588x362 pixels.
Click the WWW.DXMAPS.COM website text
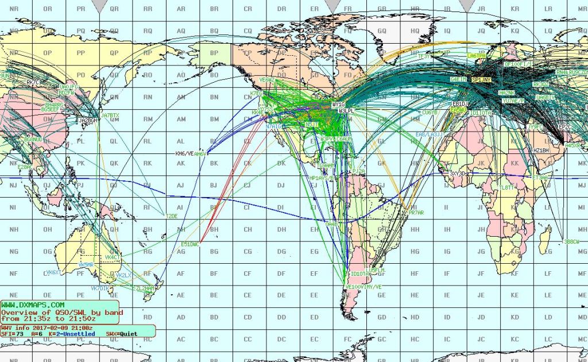coord(33,305)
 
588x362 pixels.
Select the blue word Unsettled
coord(71,333)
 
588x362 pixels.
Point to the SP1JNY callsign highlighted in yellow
coord(481,79)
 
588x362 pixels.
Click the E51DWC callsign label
coord(189,244)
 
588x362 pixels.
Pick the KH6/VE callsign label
coord(184,153)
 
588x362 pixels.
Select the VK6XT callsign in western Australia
coord(53,272)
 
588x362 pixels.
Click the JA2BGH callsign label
coord(88,121)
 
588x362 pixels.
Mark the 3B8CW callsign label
coord(572,241)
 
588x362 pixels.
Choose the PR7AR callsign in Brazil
coord(416,213)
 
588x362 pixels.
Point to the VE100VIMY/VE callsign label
coord(363,286)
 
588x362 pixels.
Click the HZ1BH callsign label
coord(541,150)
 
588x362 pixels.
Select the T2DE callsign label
coord(172,216)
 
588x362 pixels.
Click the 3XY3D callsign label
coord(458,173)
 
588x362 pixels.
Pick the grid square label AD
coord(181,317)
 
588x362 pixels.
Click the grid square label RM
coord(148,120)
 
